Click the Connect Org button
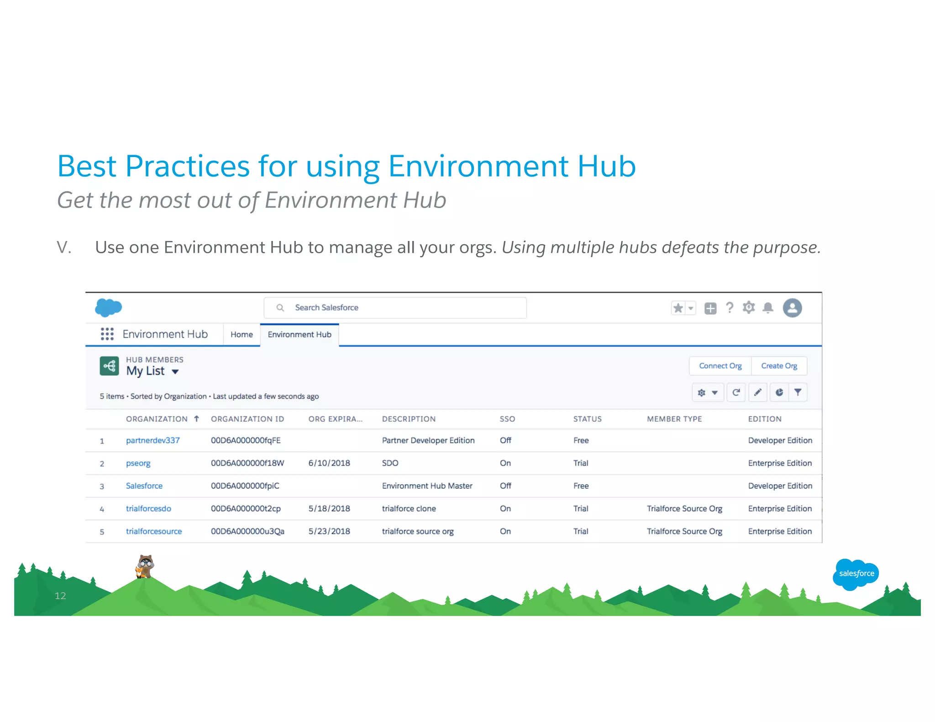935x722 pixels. (720, 366)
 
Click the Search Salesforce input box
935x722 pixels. (395, 308)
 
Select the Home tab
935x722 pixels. (242, 335)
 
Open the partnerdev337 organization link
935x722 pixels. (152, 440)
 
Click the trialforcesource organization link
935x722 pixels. (154, 531)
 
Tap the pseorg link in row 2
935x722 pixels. (138, 463)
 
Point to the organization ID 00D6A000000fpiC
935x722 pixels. (245, 486)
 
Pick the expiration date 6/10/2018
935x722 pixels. (329, 463)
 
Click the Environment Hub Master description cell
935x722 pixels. (427, 486)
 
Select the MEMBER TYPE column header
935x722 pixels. (674, 419)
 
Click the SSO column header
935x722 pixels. (507, 419)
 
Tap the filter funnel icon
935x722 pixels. (798, 392)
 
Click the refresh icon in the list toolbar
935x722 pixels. (736, 392)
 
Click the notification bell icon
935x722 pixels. (768, 308)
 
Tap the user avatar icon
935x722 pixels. (792, 308)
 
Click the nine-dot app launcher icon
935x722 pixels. (107, 334)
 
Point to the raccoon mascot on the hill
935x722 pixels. (145, 566)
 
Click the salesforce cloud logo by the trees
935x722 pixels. (856, 574)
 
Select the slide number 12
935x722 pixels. (60, 596)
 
